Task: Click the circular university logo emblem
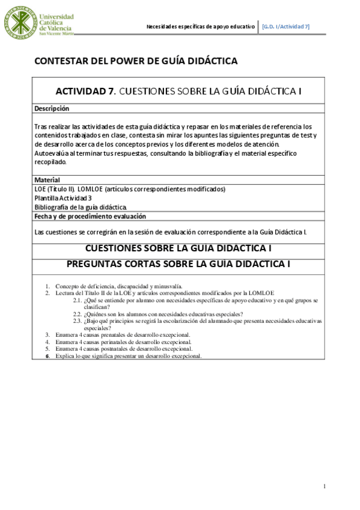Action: pyautogui.click(x=20, y=23)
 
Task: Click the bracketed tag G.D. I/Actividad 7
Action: pyautogui.click(x=286, y=26)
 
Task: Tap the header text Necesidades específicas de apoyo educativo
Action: pyautogui.click(x=201, y=26)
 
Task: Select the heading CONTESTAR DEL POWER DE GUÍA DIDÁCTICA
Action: pyautogui.click(x=136, y=61)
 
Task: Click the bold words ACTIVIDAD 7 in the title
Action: pyautogui.click(x=85, y=91)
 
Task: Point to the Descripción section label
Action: pyautogui.click(x=52, y=108)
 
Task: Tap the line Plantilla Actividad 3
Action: pyautogui.click(x=63, y=198)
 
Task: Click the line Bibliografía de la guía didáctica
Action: pyautogui.click(x=81, y=207)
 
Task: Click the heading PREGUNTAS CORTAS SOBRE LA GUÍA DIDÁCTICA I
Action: pyautogui.click(x=170, y=263)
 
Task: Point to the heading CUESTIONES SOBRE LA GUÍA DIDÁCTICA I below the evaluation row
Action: pyautogui.click(x=171, y=248)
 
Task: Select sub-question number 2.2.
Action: pyautogui.click(x=78, y=314)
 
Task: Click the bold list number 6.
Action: pyautogui.click(x=48, y=356)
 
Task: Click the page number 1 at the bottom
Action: pyautogui.click(x=325, y=486)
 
